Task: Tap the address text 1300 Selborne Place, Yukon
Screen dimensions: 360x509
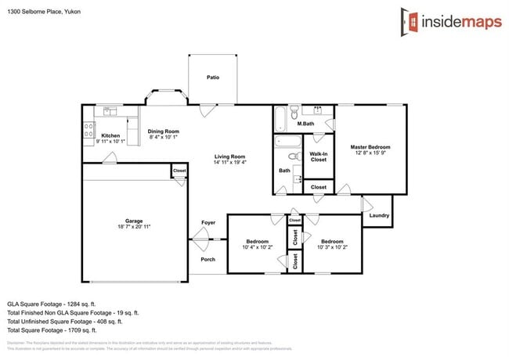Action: click(43, 13)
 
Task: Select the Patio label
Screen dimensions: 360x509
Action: click(212, 78)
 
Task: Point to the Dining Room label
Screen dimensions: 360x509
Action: click(164, 131)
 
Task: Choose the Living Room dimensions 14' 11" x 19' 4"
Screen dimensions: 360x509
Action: click(230, 163)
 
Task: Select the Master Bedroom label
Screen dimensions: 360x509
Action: click(370, 147)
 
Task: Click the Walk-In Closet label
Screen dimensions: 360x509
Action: click(318, 157)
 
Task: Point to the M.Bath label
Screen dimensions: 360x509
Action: click(305, 124)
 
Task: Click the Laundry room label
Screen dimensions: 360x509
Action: click(379, 215)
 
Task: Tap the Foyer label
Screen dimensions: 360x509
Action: click(208, 223)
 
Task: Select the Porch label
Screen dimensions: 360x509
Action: click(208, 259)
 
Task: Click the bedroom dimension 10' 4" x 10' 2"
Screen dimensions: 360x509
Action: click(257, 247)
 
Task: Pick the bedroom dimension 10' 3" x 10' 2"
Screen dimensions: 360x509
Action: click(332, 247)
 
